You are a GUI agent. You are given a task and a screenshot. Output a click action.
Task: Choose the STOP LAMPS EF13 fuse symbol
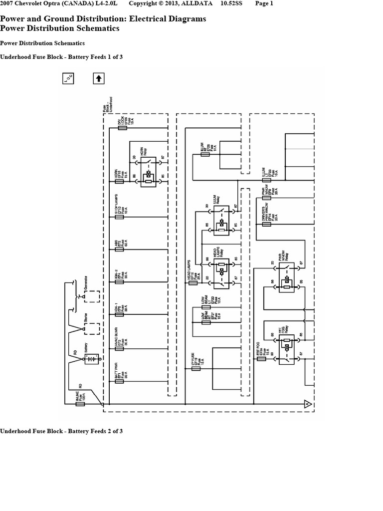coord(120,217)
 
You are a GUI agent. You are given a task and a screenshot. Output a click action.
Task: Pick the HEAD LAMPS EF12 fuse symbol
coord(193,282)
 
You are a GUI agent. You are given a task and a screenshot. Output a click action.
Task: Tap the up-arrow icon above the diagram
coord(99,78)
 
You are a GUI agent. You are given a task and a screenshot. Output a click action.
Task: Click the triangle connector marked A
coord(308,404)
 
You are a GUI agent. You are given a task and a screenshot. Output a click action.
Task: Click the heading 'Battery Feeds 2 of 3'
coord(61,431)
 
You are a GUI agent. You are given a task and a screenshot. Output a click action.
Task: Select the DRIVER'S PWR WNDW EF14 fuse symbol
coord(266,225)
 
